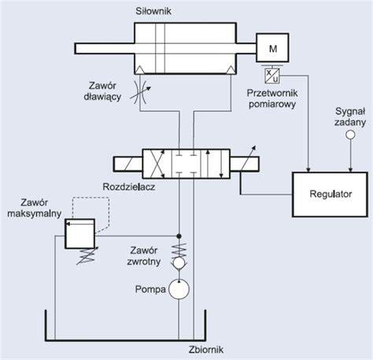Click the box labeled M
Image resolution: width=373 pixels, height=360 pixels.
[x=272, y=48]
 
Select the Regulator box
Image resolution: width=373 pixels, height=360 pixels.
[x=330, y=195]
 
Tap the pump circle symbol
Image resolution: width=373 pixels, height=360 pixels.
[x=179, y=289]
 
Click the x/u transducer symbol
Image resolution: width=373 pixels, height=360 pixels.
[x=272, y=76]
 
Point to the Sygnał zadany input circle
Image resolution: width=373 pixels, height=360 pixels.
[x=350, y=135]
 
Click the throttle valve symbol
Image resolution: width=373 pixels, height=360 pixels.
[x=140, y=92]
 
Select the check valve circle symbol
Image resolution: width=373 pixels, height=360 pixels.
[x=179, y=263]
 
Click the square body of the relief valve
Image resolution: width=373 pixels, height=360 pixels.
[x=79, y=233]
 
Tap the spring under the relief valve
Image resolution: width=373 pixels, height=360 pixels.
[x=87, y=256]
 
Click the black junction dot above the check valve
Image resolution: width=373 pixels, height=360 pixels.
[x=179, y=236]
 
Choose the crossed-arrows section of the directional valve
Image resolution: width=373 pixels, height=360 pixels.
[x=157, y=164]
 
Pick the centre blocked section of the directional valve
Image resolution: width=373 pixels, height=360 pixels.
[x=186, y=164]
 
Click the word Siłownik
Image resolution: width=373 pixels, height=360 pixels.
[x=153, y=11]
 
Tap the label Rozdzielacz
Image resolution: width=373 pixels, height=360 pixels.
[x=129, y=187]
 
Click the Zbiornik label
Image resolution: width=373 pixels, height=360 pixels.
[x=206, y=350]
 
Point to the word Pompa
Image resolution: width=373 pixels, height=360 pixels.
[x=150, y=289]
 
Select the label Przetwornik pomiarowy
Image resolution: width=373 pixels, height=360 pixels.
[x=272, y=98]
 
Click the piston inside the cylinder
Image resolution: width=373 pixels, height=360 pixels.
[x=160, y=48]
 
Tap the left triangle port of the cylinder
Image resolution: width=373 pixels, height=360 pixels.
[x=139, y=69]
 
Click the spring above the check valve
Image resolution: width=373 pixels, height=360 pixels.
[x=179, y=251]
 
